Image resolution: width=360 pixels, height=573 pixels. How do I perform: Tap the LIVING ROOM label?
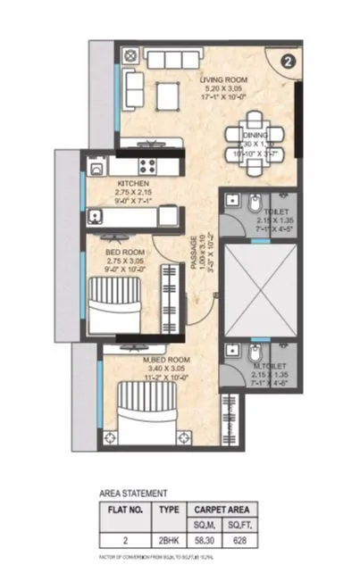(223, 79)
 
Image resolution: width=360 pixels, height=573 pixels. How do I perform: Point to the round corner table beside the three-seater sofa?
(130, 57)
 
